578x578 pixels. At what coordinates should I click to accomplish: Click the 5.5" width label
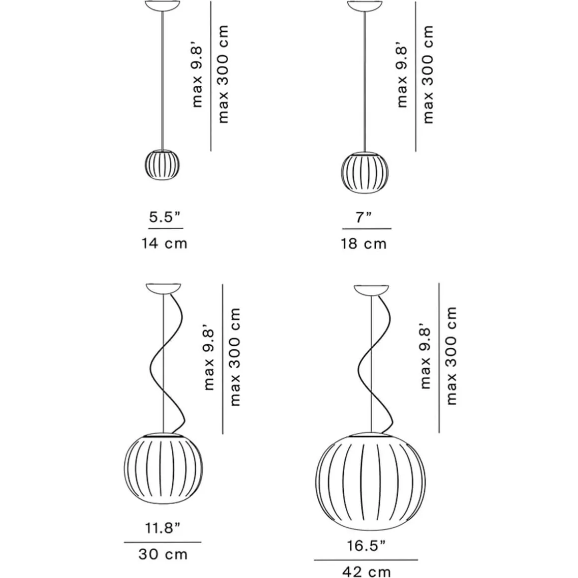[165, 217]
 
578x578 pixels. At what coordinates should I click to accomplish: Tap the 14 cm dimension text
[165, 243]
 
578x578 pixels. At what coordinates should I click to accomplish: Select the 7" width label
[363, 217]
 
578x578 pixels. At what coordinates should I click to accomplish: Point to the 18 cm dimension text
[363, 244]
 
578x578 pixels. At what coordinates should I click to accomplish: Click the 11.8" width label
[162, 528]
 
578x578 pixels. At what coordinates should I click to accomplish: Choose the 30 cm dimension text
[163, 555]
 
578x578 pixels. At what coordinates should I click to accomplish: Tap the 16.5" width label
[366, 546]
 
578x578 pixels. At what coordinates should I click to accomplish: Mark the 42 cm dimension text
[366, 572]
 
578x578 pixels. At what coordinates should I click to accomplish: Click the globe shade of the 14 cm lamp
[162, 165]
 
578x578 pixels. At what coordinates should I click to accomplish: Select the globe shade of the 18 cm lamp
[365, 172]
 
